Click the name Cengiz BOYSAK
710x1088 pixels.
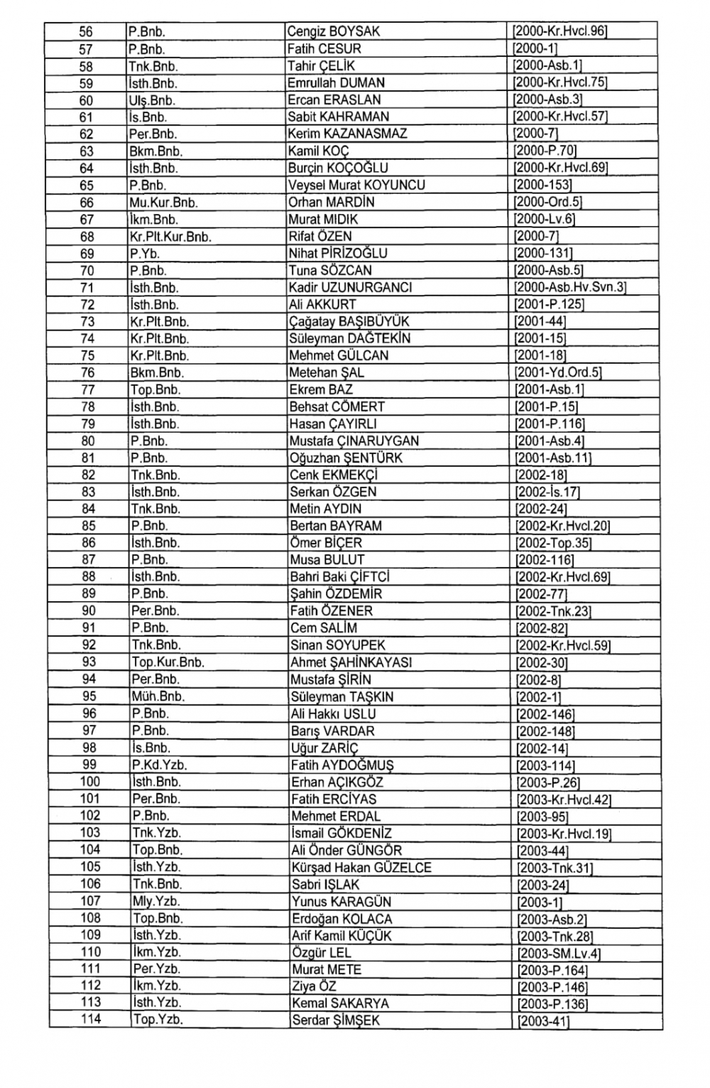click(x=334, y=31)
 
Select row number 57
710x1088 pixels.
click(x=86, y=49)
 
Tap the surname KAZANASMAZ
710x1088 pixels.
click(x=364, y=134)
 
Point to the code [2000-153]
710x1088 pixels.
click(x=542, y=185)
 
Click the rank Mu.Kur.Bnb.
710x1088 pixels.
click(x=163, y=203)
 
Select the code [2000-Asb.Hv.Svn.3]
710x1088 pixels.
click(x=570, y=287)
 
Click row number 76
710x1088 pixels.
click(x=87, y=372)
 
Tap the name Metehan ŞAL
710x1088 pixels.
click(x=327, y=372)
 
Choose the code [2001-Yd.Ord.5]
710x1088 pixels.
click(x=558, y=372)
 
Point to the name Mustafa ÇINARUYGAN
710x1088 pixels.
click(x=354, y=441)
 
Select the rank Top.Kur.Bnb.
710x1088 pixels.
click(x=168, y=662)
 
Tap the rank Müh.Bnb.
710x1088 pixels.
click(x=158, y=696)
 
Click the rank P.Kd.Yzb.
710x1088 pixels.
click(x=159, y=765)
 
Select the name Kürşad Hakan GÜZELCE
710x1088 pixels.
click(x=361, y=867)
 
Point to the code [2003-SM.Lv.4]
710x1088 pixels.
click(x=559, y=954)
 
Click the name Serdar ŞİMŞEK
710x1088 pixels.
click(x=335, y=1020)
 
